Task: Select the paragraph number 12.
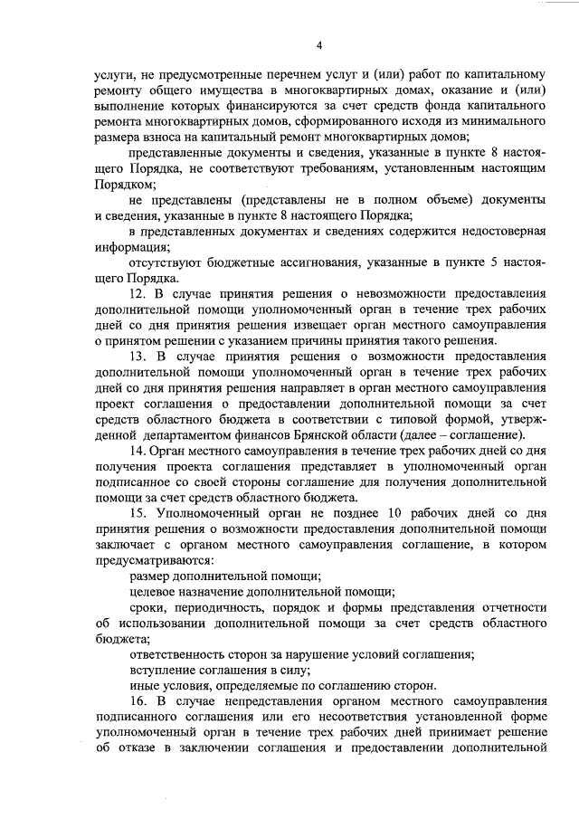[x=138, y=294]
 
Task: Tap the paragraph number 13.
[x=138, y=357]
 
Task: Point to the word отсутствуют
[x=167, y=262]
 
